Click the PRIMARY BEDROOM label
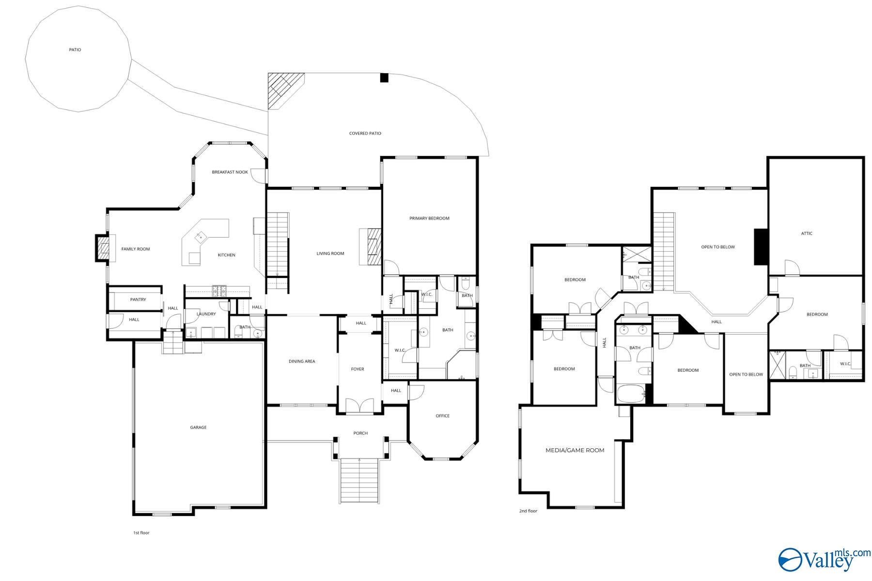coord(429,218)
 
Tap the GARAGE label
coord(198,428)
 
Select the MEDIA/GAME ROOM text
coord(575,450)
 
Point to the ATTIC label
coord(807,233)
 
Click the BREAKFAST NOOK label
coord(230,172)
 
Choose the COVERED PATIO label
coord(365,133)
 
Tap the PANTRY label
coord(138,300)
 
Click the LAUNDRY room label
coord(206,314)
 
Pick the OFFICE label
coord(443,416)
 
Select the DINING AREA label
coord(302,361)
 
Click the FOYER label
coord(358,369)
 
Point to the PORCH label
coord(360,433)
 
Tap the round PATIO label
coord(75,50)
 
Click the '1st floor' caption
coord(141,533)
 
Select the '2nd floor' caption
coord(529,511)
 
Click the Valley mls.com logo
coord(824,559)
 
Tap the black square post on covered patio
coord(384,77)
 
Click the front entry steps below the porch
coord(359,481)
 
